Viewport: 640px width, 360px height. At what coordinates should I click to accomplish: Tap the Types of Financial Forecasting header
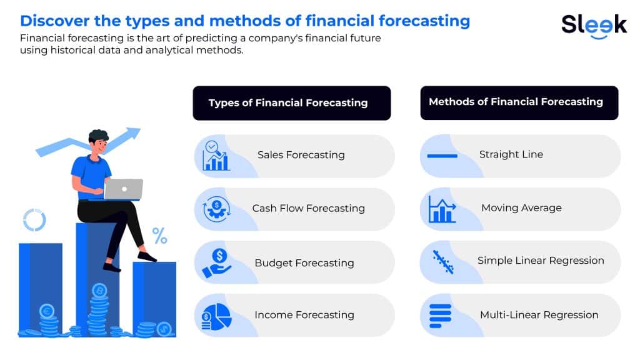pyautogui.click(x=292, y=103)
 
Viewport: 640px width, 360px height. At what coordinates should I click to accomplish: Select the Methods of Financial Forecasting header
pyautogui.click(x=519, y=102)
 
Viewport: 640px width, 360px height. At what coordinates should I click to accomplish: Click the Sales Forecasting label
pyautogui.click(x=301, y=155)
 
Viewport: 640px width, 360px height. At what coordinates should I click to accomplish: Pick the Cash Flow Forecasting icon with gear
pyautogui.click(x=217, y=209)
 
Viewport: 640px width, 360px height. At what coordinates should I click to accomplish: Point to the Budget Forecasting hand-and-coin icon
pyautogui.click(x=217, y=263)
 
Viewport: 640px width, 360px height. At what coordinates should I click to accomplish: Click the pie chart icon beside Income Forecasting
pyautogui.click(x=217, y=317)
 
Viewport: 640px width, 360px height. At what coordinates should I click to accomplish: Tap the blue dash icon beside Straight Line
pyautogui.click(x=442, y=156)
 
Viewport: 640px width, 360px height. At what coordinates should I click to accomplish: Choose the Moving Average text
pyautogui.click(x=522, y=207)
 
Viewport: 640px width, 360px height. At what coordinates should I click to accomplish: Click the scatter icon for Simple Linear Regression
pyautogui.click(x=443, y=262)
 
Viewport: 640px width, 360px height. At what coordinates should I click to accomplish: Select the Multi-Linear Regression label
pyautogui.click(x=539, y=315)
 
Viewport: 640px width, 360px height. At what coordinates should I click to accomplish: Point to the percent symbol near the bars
pyautogui.click(x=159, y=236)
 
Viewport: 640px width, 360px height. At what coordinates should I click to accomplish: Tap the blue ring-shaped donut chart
pyautogui.click(x=34, y=220)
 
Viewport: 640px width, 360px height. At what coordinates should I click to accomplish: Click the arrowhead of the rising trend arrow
pyautogui.click(x=134, y=133)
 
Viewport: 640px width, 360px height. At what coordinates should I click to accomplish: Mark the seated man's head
pyautogui.click(x=99, y=142)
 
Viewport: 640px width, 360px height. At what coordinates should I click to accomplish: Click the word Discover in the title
pyautogui.click(x=55, y=21)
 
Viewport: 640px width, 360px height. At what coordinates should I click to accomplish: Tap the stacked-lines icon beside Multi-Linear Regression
pyautogui.click(x=441, y=316)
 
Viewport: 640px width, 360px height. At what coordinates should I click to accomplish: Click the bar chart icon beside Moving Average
pyautogui.click(x=442, y=209)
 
